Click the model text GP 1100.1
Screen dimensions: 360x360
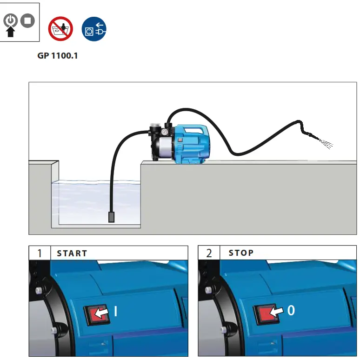[57, 56]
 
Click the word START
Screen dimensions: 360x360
[72, 253]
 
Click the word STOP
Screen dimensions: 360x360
[241, 253]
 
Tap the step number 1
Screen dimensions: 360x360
[40, 253]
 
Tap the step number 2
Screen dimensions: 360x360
[209, 253]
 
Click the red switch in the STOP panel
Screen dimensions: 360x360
[264, 314]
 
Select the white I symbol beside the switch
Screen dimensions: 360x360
[115, 311]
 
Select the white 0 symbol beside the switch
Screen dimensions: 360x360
[291, 310]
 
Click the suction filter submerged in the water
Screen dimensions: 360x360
[111, 217]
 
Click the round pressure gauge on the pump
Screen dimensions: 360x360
[165, 133]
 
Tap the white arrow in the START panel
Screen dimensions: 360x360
[102, 313]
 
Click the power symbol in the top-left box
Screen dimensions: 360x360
[11, 20]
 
